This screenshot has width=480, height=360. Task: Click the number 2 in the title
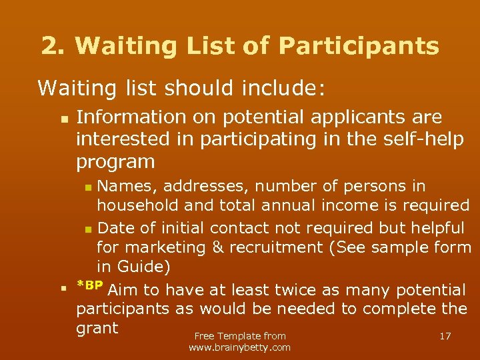[49, 46]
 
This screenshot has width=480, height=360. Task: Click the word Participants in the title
[359, 46]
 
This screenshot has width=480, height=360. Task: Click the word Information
[131, 117]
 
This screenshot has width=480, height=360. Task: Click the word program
[115, 162]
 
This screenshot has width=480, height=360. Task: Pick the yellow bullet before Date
[89, 229]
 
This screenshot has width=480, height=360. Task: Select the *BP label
[90, 286]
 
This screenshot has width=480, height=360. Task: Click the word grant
[97, 329]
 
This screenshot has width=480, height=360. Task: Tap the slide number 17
[445, 336]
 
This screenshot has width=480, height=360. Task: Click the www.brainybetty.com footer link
[239, 347]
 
